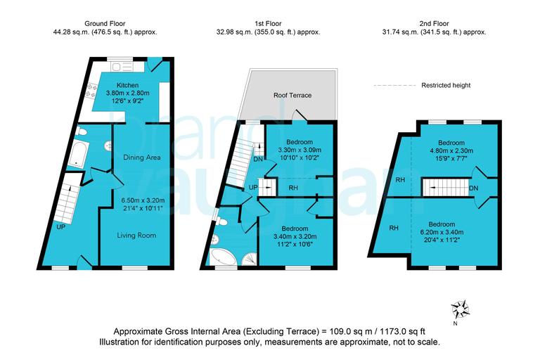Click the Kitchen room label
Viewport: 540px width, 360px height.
133,85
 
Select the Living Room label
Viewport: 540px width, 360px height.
137,235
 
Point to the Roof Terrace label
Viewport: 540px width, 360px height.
292,96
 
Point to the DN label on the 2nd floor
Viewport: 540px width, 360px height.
474,188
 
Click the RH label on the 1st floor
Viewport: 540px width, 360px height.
292,188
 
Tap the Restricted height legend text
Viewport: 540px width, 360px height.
446,86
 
